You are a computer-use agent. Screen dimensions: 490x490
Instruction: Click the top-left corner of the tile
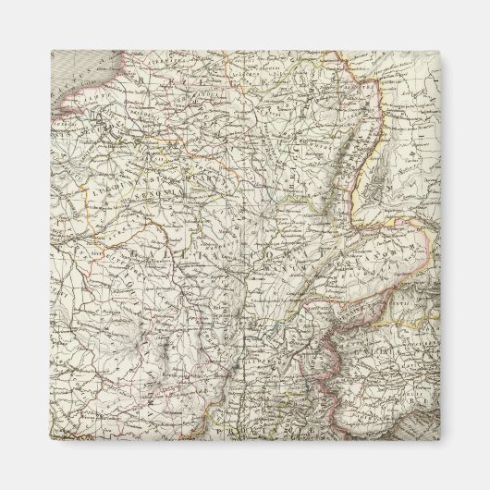51,51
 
